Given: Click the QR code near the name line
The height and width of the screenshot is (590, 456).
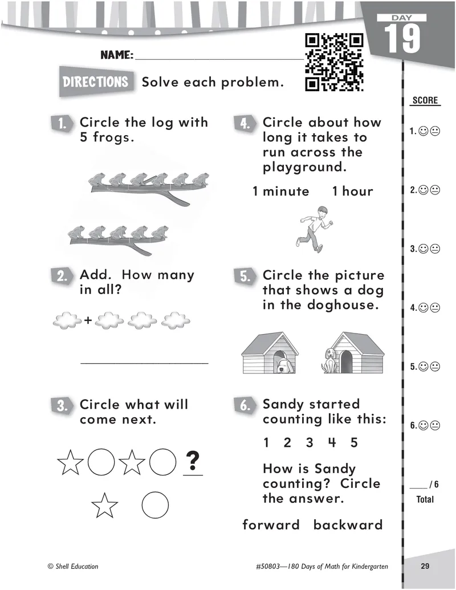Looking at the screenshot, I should pyautogui.click(x=335, y=63).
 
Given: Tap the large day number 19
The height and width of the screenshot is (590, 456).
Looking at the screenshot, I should pyautogui.click(x=403, y=39).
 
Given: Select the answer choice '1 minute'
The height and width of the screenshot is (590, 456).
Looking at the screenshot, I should pyautogui.click(x=281, y=192).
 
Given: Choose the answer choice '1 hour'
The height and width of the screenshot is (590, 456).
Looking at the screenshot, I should pyautogui.click(x=353, y=192).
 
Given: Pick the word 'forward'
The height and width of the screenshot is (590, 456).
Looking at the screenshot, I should pyautogui.click(x=271, y=525).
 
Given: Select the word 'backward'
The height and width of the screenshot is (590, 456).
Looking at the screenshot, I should pyautogui.click(x=348, y=525).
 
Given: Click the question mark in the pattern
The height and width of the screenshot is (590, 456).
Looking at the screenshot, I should pyautogui.click(x=193, y=459).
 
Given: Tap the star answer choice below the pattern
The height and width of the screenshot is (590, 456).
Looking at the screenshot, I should pyautogui.click(x=105, y=504).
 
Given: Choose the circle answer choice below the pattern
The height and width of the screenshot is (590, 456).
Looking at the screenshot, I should pyautogui.click(x=155, y=504).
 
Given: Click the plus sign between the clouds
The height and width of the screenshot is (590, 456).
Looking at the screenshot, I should pyautogui.click(x=88, y=320).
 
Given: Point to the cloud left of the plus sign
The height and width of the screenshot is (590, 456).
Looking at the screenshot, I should pyautogui.click(x=67, y=320).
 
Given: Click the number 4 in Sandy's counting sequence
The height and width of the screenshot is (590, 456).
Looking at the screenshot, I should pyautogui.click(x=332, y=443).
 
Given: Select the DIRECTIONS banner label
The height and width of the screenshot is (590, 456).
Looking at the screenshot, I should pyautogui.click(x=96, y=82).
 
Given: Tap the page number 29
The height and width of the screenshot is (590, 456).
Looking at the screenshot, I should pyautogui.click(x=425, y=566).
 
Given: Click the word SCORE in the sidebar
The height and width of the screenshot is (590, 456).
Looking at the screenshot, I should pyautogui.click(x=425, y=101).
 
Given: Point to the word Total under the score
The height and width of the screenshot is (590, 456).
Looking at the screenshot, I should pyautogui.click(x=425, y=499).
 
